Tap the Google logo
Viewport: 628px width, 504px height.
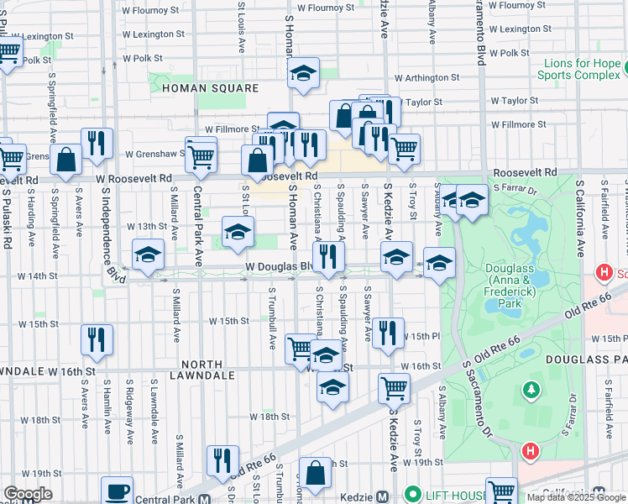[27, 494]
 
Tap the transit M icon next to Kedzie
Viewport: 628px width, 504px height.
[382, 496]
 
